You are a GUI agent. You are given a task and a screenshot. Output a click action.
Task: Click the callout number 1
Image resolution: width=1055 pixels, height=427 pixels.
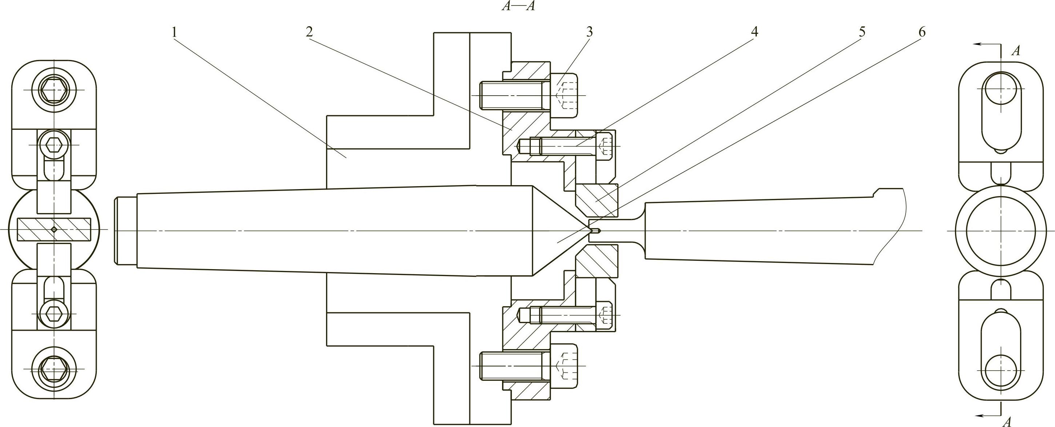(175, 32)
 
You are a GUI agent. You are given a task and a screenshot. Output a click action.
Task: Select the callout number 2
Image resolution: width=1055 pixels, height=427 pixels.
(309, 32)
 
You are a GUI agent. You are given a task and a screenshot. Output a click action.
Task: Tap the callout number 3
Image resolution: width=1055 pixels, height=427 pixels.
(589, 32)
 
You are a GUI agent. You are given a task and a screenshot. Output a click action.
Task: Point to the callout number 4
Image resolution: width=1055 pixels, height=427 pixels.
(754, 32)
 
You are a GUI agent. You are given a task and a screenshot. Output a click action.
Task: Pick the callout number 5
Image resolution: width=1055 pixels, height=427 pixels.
(862, 32)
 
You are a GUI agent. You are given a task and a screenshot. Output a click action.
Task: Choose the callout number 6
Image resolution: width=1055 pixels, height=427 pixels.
(922, 32)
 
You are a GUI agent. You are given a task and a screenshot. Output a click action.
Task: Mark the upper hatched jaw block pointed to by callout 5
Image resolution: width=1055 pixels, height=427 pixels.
(596, 201)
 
